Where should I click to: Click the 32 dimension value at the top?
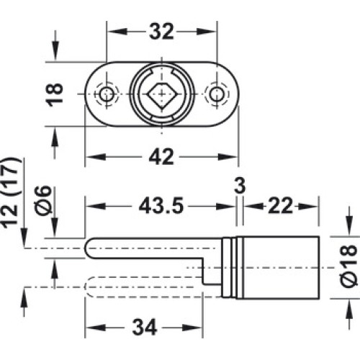pos(161,32)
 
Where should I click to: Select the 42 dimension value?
pos(161,157)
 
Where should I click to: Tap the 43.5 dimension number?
pos(161,206)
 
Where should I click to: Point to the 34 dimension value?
pos(145,327)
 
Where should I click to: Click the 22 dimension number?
pos(280,206)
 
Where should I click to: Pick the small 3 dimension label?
pos(240,186)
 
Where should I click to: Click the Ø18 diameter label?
pos(348,266)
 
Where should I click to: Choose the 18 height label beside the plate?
pos(55,94)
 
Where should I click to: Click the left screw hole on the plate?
pos(107,94)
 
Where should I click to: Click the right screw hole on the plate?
pos(217,94)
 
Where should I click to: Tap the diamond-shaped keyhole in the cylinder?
pos(161,94)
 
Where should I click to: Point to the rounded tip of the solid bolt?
pos(87,248)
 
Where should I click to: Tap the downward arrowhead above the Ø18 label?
pos(348,225)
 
